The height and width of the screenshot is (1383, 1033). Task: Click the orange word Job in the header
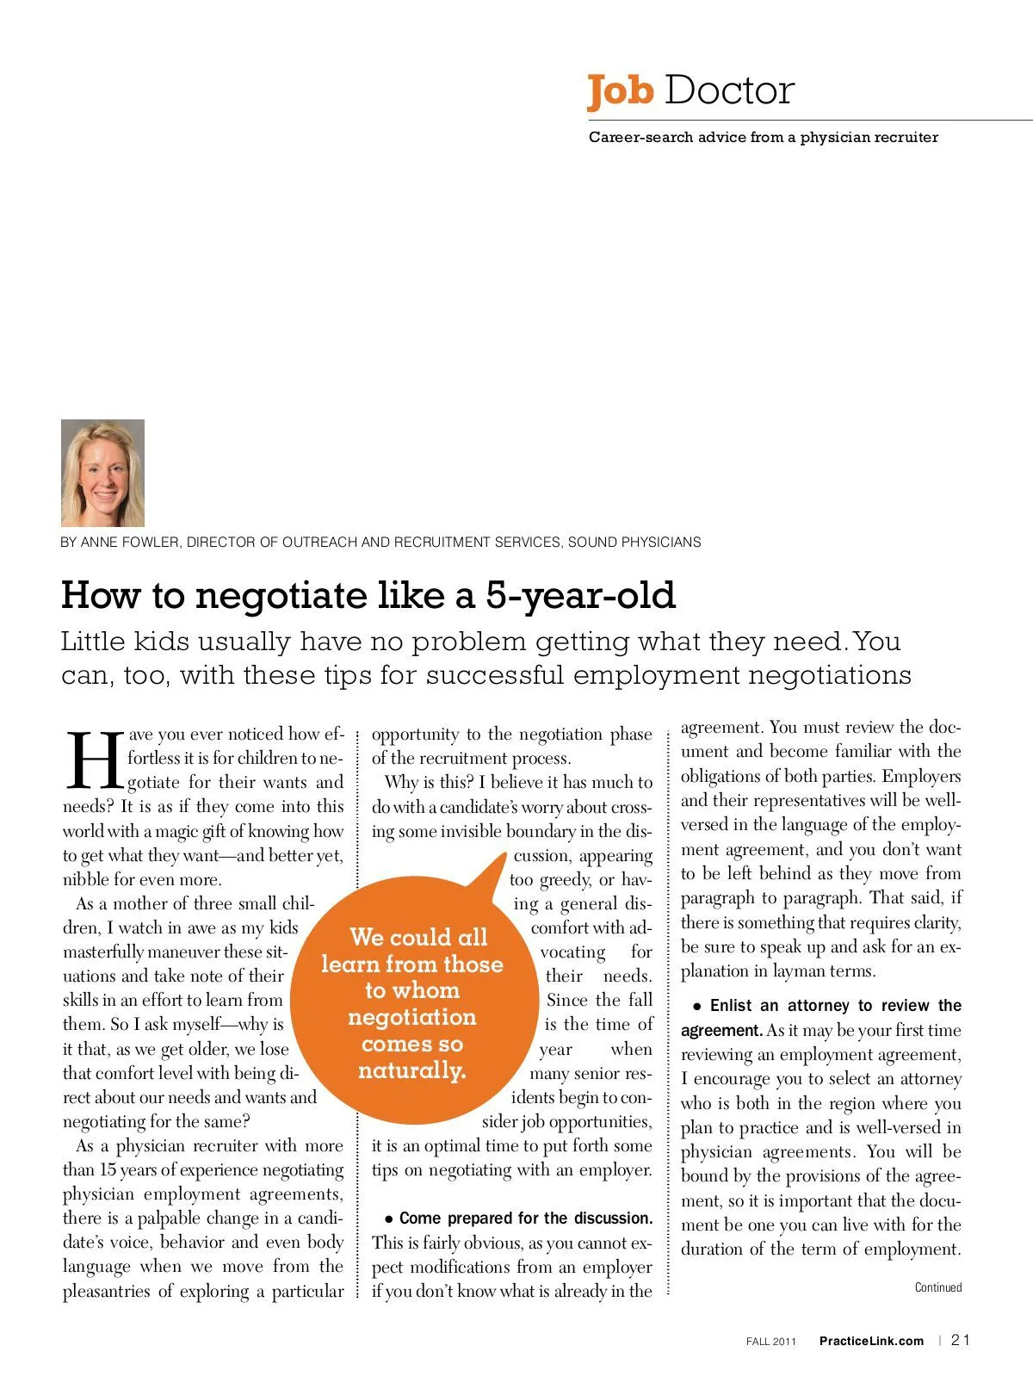point(621,91)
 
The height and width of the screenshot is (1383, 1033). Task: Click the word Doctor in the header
point(729,90)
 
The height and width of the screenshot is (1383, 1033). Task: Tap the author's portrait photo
point(102,473)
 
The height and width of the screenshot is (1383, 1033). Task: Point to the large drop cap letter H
point(93,760)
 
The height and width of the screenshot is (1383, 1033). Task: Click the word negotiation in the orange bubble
point(411,1017)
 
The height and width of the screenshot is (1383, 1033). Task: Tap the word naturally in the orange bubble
point(411,1070)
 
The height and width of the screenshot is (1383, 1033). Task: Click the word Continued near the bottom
point(938,1287)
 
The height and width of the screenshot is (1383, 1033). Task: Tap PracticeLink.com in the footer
point(871,1341)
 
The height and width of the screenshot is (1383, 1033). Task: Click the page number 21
point(961,1340)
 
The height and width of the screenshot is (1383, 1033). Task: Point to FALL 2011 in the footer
point(771,1342)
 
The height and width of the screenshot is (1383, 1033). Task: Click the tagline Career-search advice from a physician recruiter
point(763,137)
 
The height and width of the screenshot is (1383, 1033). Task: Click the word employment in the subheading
point(656,674)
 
